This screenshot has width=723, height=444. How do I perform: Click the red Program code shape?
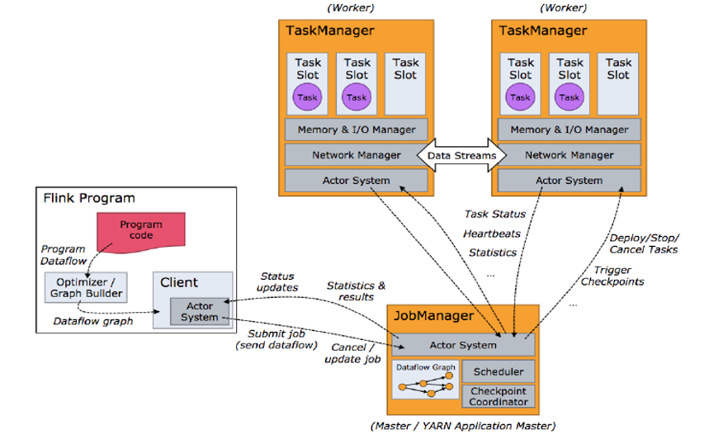(141, 231)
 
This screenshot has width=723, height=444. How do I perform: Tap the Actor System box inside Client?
(200, 311)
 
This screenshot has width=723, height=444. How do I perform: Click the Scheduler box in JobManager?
(498, 372)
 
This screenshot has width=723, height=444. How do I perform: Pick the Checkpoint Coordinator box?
(498, 396)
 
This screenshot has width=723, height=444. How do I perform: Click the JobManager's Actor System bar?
(463, 345)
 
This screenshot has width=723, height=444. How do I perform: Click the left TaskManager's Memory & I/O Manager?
(357, 130)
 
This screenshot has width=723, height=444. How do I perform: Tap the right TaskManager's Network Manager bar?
(569, 155)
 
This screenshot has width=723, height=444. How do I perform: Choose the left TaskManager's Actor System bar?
(357, 180)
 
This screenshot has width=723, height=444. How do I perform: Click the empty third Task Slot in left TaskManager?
(405, 83)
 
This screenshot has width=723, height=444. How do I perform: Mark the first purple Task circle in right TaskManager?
(520, 97)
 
